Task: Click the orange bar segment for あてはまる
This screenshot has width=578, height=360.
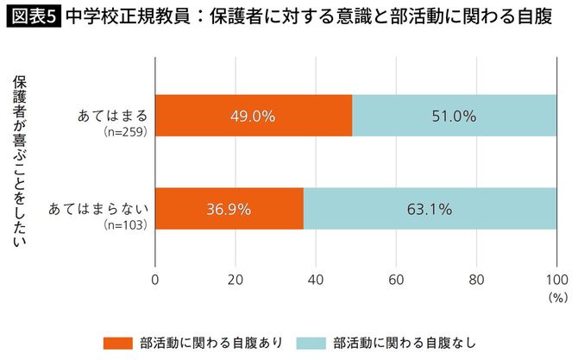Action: tap(254, 116)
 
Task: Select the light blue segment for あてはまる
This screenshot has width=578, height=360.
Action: tap(455, 116)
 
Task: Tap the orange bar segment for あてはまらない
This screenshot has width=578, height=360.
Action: tap(229, 208)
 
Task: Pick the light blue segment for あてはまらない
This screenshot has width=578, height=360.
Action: tap(430, 208)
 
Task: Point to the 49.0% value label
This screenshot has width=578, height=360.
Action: tap(254, 116)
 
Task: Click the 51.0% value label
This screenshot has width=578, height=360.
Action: tap(455, 116)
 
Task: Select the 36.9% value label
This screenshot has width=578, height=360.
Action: tap(229, 208)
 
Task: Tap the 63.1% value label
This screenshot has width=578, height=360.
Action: tap(430, 208)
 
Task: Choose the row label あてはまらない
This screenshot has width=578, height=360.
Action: tap(100, 208)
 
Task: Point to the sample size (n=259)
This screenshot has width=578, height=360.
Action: tap(127, 132)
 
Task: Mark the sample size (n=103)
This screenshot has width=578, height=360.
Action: tap(127, 224)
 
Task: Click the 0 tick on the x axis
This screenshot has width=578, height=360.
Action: tap(155, 280)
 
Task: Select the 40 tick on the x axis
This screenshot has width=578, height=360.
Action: tap(316, 280)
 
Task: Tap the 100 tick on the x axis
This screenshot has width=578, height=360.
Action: tap(556, 280)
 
